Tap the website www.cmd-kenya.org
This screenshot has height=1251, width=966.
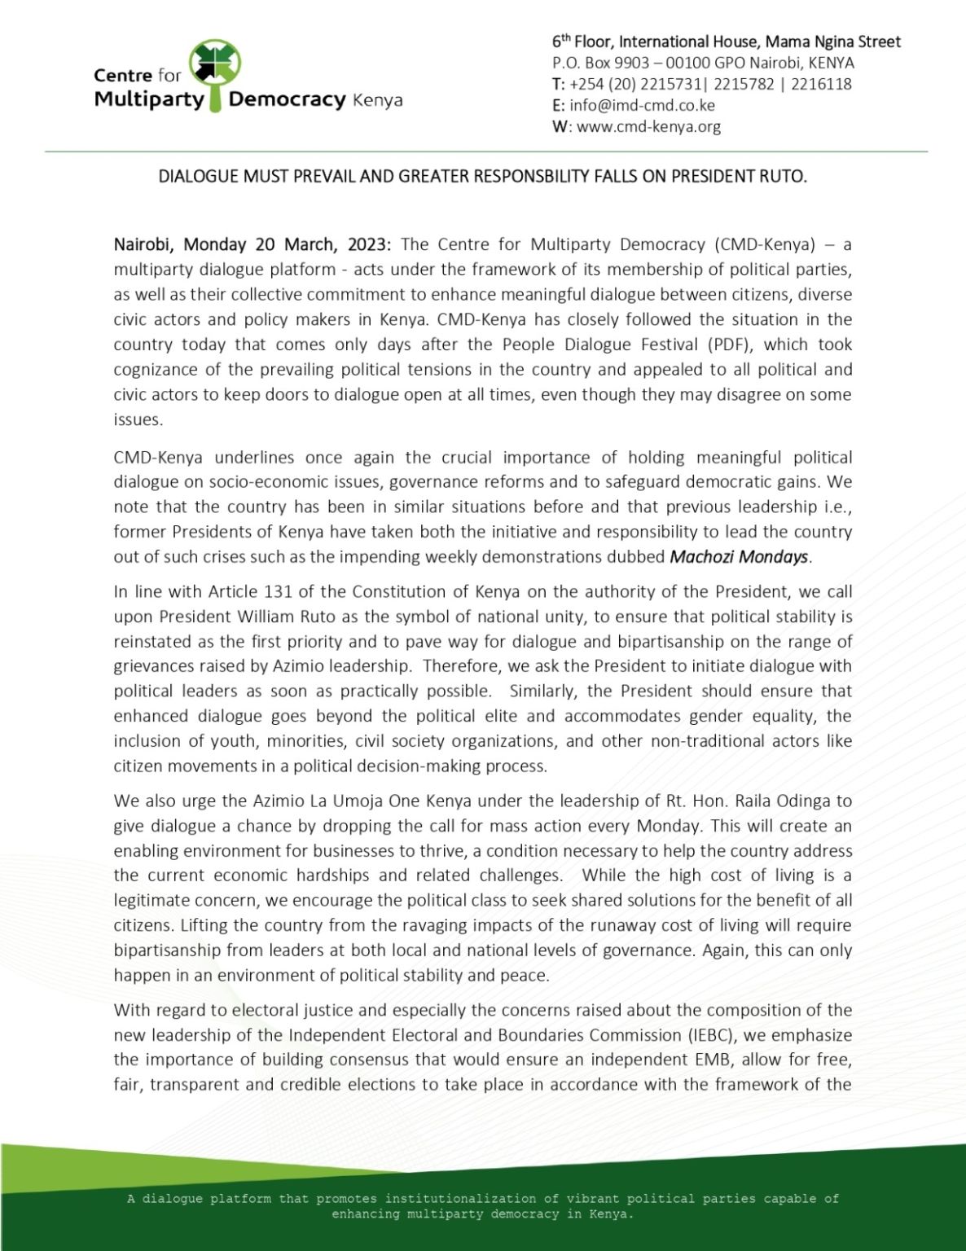point(648,126)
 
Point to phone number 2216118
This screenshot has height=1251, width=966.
point(820,84)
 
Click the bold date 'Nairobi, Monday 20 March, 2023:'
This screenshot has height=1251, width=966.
point(253,244)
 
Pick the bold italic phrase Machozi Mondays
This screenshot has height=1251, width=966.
point(739,557)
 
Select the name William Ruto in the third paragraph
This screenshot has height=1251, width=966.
point(270,617)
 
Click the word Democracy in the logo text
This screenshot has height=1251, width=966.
point(288,100)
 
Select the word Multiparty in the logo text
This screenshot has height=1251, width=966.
point(149,100)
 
